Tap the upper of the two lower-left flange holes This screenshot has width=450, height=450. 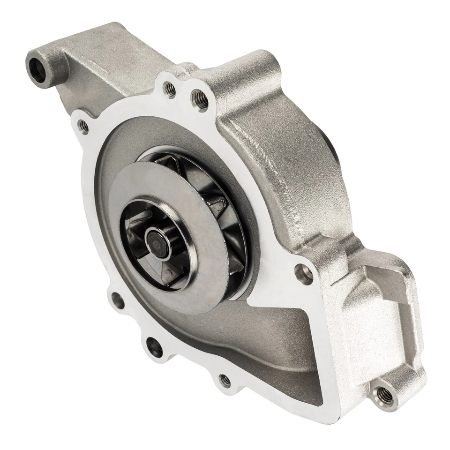pyautogui.click(x=116, y=300)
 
